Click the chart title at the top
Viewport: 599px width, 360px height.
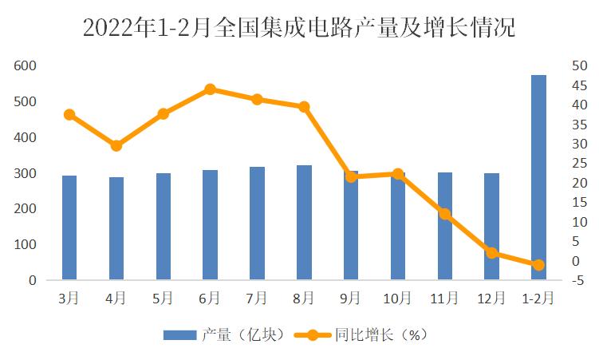pos(299,29)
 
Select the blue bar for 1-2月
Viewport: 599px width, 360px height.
pos(538,177)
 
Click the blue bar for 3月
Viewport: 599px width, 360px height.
pos(69,227)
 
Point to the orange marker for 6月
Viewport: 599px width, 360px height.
pos(210,89)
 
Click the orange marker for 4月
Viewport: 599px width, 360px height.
pos(116,145)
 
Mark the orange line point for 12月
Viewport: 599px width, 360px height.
pos(491,252)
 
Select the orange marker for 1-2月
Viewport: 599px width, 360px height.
pos(538,264)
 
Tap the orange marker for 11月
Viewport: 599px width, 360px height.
pos(444,213)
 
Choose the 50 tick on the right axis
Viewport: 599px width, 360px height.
pos(580,65)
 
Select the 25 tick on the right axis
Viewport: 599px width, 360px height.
pos(580,164)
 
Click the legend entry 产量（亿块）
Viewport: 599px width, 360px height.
pos(224,335)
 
